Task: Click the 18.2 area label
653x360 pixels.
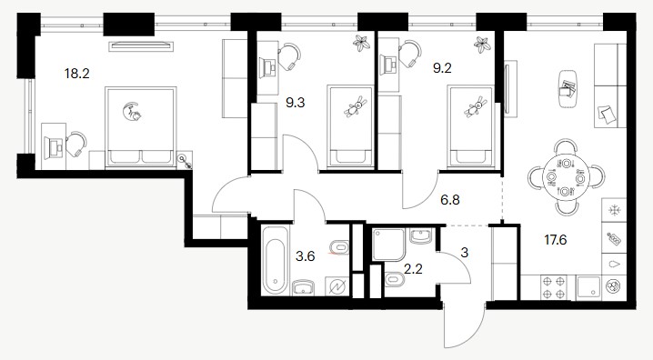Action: click(77, 74)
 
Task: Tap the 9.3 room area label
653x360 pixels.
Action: click(296, 103)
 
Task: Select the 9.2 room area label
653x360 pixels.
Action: click(442, 68)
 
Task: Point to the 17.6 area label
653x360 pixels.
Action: click(556, 240)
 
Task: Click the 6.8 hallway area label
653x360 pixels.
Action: click(450, 200)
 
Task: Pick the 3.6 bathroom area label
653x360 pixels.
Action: click(306, 256)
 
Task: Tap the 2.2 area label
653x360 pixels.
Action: click(413, 268)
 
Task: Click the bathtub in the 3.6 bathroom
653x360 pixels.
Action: click(276, 260)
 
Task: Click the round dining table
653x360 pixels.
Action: click(566, 177)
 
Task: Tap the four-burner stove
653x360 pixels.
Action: click(555, 287)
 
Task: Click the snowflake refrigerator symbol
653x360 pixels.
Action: click(614, 211)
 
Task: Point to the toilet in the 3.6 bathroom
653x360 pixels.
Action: click(339, 247)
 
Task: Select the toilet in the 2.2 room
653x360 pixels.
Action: click(395, 279)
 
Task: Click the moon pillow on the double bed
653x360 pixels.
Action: click(132, 112)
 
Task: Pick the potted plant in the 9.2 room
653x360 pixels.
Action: click(483, 45)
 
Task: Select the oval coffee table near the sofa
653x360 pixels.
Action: click(567, 89)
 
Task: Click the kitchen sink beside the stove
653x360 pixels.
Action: click(588, 287)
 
